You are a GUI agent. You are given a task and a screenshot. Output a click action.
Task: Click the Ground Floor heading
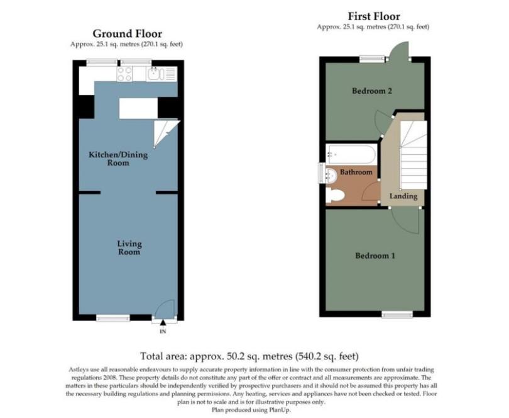(127, 33)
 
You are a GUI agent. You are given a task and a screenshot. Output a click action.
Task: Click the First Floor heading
(374, 16)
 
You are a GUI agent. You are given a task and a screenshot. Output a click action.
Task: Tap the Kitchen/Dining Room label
(118, 159)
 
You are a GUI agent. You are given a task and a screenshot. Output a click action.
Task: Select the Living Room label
(129, 247)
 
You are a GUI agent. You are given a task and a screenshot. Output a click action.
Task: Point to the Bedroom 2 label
(372, 91)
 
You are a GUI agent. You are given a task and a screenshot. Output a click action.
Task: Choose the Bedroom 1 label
(375, 256)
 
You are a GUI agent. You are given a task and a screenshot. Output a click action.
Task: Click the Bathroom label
(356, 172)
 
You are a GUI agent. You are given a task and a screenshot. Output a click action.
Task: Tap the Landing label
(403, 196)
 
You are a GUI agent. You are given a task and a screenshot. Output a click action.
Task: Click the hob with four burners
(124, 74)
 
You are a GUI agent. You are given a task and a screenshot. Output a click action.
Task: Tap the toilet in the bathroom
(335, 196)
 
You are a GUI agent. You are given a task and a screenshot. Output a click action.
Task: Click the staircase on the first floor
(413, 155)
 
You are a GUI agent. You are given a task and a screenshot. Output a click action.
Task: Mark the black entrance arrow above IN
(163, 322)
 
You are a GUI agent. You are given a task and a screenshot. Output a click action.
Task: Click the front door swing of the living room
(165, 308)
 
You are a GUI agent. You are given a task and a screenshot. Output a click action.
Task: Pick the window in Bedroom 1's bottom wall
(397, 314)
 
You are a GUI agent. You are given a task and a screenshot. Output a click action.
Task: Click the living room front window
(113, 318)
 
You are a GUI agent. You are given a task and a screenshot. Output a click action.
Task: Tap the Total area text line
(249, 356)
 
